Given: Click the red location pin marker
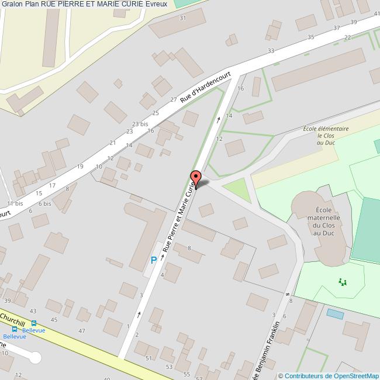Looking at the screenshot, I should click(x=196, y=177).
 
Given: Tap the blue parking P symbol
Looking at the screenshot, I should click(x=153, y=260).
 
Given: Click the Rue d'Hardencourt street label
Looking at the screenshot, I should click(x=205, y=88).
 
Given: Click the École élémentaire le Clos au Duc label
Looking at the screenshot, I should click(x=326, y=136).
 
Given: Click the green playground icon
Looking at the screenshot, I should click(x=343, y=282).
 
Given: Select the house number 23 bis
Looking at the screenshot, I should click(x=140, y=124).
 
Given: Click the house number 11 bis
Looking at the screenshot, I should click(x=15, y=203).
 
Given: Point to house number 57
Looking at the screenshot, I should click(x=198, y=378).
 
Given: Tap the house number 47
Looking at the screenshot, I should click(x=82, y=331).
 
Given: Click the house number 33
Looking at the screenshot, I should click(x=271, y=51).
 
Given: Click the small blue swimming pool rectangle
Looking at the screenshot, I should click(x=336, y=314).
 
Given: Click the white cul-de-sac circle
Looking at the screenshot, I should click(x=35, y=357).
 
